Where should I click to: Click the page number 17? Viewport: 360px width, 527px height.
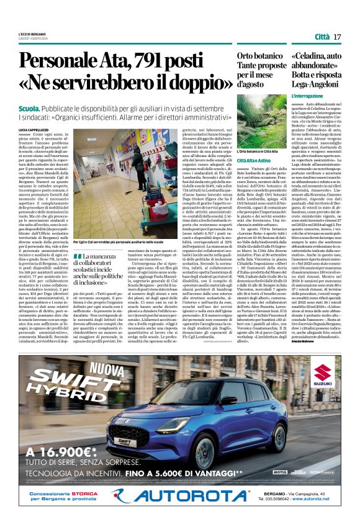(x=337, y=37)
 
